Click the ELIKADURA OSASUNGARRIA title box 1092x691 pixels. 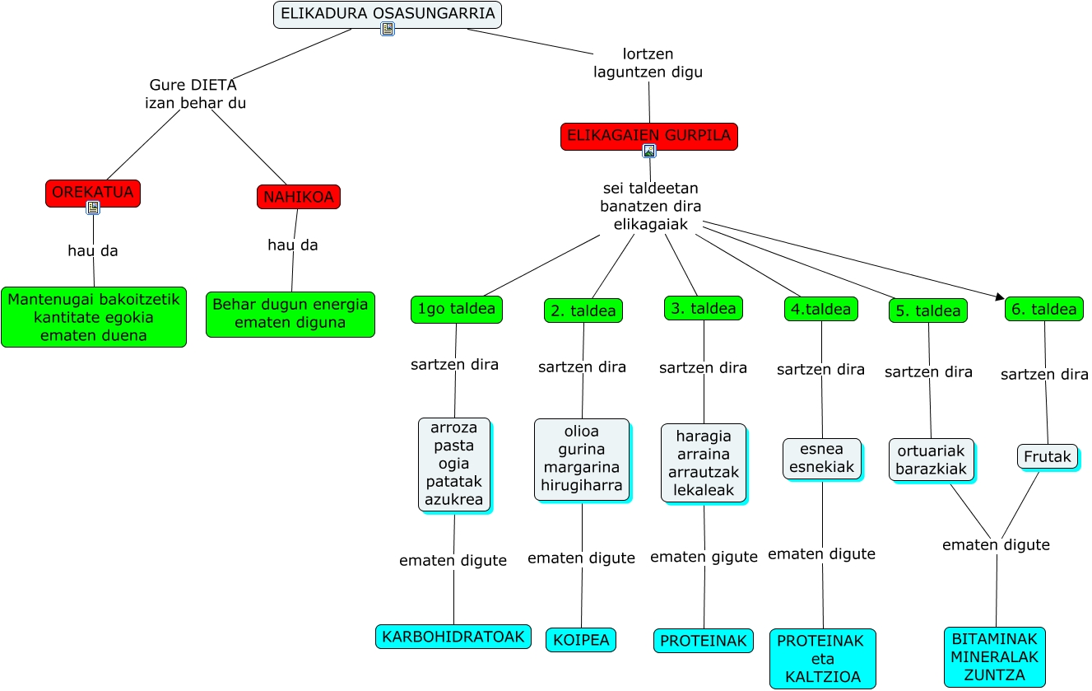point(388,14)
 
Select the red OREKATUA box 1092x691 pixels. point(93,193)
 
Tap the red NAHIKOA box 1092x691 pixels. point(298,197)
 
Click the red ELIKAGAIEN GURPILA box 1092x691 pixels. point(648,136)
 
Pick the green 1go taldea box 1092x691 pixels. point(456,310)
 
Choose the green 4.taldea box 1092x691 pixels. point(821,309)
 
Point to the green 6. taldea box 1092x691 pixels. point(1043,310)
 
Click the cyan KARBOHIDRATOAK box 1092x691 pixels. point(453,637)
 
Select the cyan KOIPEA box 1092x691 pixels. point(581,640)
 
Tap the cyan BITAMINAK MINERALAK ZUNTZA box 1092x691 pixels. point(995,657)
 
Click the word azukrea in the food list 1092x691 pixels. point(454,500)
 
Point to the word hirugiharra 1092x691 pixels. point(582,486)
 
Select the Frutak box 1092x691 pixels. point(1048,456)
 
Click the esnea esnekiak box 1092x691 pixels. point(822,459)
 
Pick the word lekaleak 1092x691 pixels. point(704,491)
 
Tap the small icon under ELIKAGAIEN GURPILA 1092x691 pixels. point(649,151)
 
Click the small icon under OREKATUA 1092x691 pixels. point(93,208)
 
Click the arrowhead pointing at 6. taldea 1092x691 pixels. point(1000,297)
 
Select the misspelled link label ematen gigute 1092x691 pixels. point(704,558)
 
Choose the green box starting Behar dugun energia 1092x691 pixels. point(290,314)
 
